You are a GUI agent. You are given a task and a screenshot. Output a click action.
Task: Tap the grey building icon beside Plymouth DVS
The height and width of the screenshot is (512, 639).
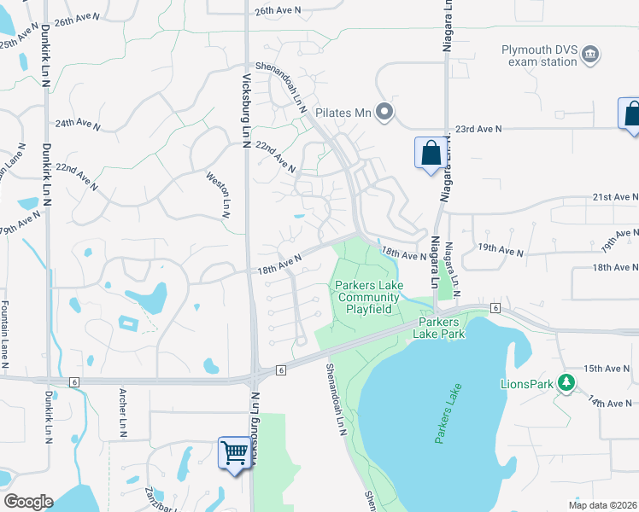coord(589,55)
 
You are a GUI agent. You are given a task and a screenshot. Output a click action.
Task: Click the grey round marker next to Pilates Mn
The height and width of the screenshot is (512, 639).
coord(384,111)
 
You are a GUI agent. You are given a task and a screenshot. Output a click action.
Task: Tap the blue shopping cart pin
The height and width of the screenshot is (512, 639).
coord(235,452)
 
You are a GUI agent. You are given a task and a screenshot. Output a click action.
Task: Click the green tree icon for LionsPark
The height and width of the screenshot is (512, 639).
coord(565,382)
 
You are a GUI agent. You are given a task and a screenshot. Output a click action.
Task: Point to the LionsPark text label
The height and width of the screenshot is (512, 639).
coord(527,383)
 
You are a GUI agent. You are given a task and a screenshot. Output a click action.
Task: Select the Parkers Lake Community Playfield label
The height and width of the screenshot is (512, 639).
coord(368,297)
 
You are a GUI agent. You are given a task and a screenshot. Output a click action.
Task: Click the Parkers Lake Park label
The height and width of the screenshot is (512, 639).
coord(440,328)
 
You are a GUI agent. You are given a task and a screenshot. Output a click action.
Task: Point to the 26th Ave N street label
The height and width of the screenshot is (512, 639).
coord(279,10)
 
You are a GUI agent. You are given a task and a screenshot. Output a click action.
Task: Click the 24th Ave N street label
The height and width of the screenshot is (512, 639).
coord(78,123)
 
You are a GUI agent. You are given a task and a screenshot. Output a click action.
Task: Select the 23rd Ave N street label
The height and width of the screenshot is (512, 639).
coord(478,128)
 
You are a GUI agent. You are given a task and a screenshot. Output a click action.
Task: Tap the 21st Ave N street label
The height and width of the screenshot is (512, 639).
coord(616,196)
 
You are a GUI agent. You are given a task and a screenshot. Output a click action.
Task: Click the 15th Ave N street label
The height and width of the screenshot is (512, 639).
coord(609,369)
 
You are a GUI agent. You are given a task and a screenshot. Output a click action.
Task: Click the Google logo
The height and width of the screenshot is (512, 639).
coord(28,502)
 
